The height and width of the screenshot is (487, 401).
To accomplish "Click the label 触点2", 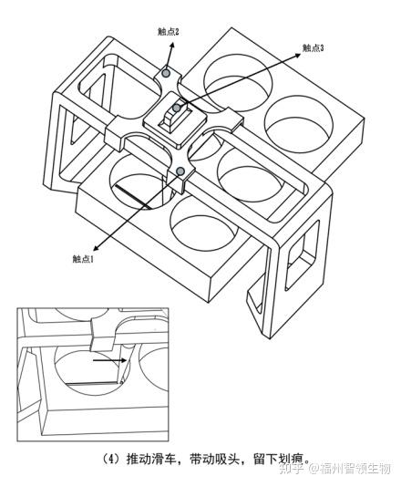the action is (x=169, y=32).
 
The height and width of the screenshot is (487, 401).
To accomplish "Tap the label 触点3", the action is (x=314, y=47).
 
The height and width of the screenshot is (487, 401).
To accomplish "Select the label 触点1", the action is (x=83, y=259).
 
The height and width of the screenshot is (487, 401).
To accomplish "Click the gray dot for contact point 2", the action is (x=167, y=73).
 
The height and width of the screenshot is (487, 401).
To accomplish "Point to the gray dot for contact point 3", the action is (x=176, y=109).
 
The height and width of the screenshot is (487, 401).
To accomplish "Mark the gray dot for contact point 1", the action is (x=180, y=171).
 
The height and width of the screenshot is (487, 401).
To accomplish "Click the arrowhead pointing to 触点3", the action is (x=298, y=56).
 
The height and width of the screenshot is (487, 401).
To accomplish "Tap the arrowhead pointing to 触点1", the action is (x=97, y=247).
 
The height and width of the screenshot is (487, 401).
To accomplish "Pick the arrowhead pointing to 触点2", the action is (x=171, y=43).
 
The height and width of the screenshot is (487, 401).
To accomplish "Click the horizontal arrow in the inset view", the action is (x=110, y=360).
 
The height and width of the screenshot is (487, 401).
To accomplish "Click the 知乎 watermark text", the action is (x=291, y=469).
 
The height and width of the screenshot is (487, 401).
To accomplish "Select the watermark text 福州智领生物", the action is (x=355, y=469).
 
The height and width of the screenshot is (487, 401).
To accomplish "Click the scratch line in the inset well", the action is (x=92, y=384).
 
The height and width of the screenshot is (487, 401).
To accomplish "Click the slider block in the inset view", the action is (x=102, y=335).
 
